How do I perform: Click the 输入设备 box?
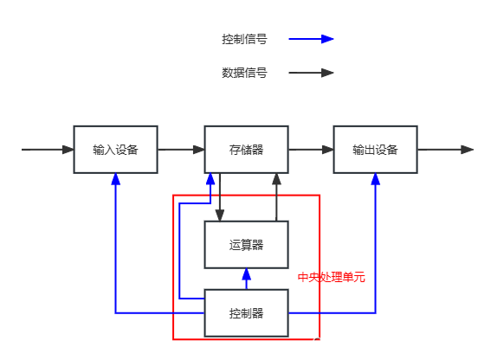pos(115,150)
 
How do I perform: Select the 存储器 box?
pos(246,150)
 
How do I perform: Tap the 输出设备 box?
pos(375,150)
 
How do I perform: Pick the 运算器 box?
pos(246,245)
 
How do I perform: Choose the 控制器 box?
pos(246,312)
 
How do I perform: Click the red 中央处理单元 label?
pos(332,278)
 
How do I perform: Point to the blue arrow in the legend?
pos(312,39)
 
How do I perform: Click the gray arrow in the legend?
pos(312,74)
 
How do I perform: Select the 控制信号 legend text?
pos(244,39)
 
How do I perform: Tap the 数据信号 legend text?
pos(244,74)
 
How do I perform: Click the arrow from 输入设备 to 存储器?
pos(181,150)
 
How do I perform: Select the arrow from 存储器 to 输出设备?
pos(311,150)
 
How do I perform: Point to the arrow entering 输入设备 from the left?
pos(48,150)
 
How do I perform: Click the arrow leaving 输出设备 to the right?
pos(445,150)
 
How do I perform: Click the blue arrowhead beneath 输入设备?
pos(115,180)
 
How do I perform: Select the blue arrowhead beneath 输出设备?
pos(376,180)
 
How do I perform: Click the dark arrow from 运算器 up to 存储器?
pos(277,196)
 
